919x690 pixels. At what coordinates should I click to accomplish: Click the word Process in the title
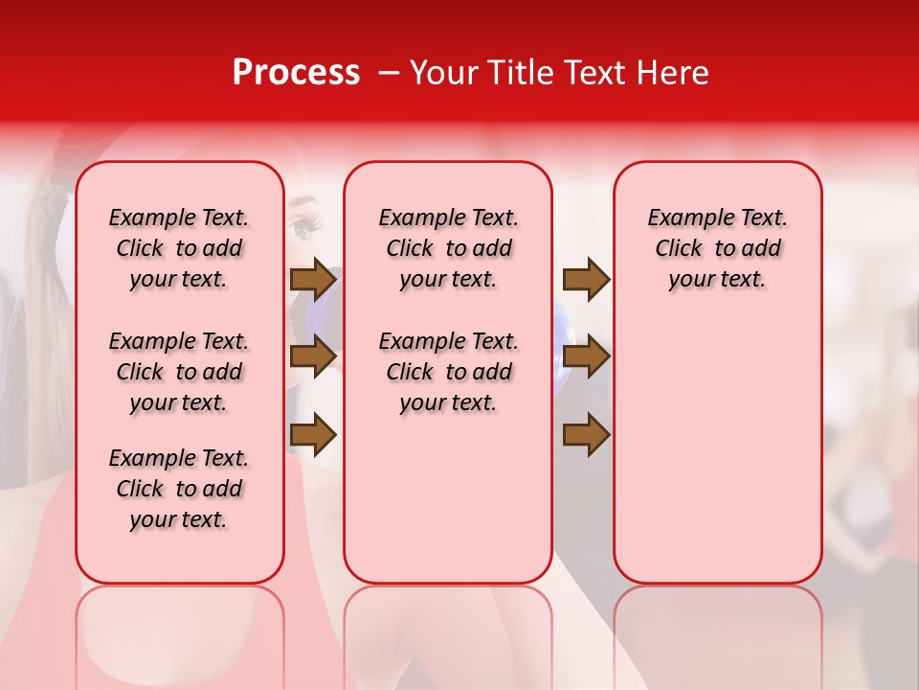click(x=295, y=73)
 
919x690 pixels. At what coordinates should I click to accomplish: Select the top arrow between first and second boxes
click(x=313, y=280)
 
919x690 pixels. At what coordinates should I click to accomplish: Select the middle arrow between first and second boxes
click(x=313, y=356)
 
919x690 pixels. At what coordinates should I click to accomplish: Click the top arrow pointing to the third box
click(x=586, y=280)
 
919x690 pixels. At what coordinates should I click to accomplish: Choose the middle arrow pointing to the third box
click(x=586, y=356)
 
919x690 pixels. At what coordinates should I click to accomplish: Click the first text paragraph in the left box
click(x=179, y=248)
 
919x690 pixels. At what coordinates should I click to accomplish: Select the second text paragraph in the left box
click(x=179, y=372)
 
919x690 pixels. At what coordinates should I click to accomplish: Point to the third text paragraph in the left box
click(x=179, y=489)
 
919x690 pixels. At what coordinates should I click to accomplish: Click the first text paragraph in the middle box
click(x=448, y=248)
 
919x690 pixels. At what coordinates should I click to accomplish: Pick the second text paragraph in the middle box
click(x=448, y=372)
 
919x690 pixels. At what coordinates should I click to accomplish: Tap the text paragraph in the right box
click(x=718, y=248)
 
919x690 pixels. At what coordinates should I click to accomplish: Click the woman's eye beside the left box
click(x=304, y=227)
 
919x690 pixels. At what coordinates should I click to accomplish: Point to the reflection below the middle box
click(x=448, y=632)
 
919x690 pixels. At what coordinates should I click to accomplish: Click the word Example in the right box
click(x=683, y=218)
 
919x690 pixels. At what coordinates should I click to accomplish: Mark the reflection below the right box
click(x=718, y=632)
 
